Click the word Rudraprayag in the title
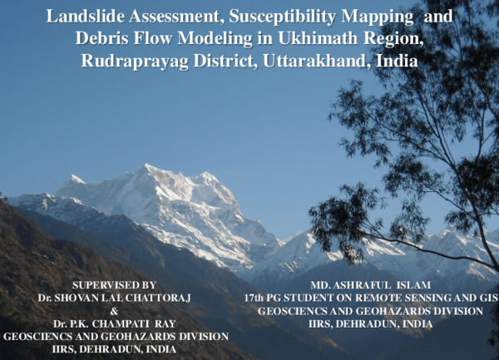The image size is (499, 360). (x=131, y=61)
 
